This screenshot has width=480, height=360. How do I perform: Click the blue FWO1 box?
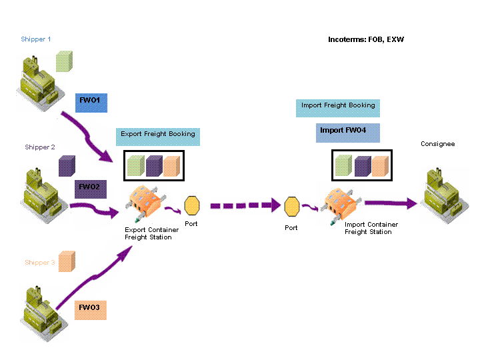[91, 103]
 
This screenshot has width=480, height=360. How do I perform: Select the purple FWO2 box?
[91, 189]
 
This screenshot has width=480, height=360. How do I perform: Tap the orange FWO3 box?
[91, 310]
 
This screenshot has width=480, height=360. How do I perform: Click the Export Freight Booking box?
[158, 137]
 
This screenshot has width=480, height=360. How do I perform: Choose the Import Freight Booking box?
[337, 108]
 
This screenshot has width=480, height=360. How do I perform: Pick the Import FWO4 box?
[348, 133]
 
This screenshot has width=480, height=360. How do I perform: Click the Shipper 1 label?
[36, 39]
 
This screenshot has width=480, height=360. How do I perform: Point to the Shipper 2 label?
[40, 147]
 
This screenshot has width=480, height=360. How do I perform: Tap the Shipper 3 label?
[40, 263]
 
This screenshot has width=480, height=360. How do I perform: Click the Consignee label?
[438, 144]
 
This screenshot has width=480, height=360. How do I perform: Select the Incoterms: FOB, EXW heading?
[366, 39]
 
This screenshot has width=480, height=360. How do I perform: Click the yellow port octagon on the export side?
[192, 205]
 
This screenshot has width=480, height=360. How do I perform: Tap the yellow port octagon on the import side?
[292, 207]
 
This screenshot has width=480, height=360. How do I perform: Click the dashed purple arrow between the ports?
[245, 205]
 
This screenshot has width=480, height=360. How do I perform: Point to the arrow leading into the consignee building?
[391, 203]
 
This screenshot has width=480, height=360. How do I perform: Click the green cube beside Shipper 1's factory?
[64, 61]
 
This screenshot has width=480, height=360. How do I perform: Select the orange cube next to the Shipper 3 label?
[67, 261]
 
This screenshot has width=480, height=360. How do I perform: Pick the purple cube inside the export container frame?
[154, 166]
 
